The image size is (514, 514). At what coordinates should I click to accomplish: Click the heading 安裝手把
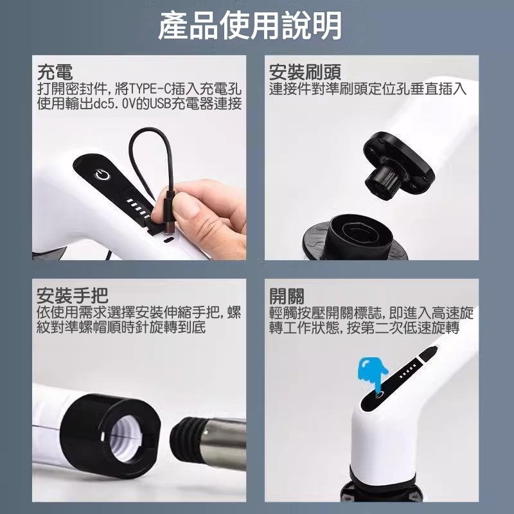pos(72,296)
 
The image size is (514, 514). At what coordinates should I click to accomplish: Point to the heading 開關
pos(287,296)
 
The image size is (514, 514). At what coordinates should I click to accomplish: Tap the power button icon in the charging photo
pos(102,175)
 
